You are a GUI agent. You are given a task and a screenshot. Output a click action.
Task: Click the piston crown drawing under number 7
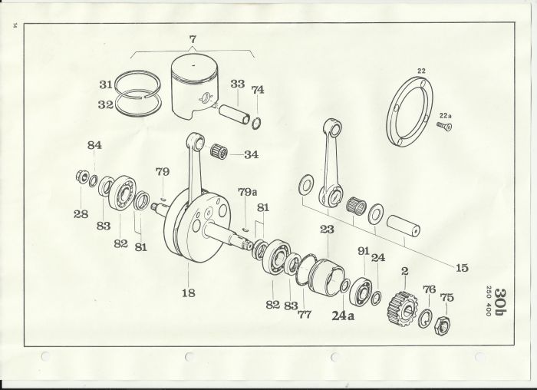(x=194, y=88)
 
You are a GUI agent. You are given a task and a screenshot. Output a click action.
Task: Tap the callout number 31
(x=106, y=84)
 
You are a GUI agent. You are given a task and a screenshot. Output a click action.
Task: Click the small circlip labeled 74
(x=256, y=123)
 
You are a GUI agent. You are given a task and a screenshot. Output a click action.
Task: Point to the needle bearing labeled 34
(x=219, y=152)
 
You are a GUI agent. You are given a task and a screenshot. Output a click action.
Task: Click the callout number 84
(x=94, y=145)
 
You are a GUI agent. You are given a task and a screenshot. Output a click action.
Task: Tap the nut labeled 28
(x=81, y=177)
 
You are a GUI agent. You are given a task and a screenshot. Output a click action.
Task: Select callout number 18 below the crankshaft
(x=189, y=292)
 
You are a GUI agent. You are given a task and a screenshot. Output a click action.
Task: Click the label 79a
(x=247, y=192)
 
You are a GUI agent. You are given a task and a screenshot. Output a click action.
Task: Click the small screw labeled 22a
(x=444, y=126)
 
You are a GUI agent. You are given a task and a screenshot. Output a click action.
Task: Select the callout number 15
(x=462, y=268)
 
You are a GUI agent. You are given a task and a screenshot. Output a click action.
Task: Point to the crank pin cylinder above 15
(x=404, y=226)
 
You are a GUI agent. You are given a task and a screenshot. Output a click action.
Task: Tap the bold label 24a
(x=343, y=316)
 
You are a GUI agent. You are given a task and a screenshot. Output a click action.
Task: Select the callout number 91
(x=364, y=251)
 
